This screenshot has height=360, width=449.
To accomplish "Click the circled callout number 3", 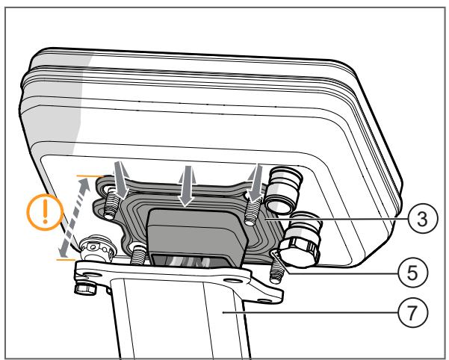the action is click(423, 219).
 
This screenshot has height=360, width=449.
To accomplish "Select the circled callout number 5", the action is click(412, 273).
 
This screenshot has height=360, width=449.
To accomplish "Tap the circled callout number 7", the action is click(412, 312).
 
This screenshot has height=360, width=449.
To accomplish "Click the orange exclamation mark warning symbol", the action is click(45, 212).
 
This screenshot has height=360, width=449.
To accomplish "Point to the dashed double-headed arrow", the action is click(74, 217).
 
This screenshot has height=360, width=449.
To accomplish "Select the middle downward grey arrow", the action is click(187, 186).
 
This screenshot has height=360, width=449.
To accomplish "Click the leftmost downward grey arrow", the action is click(122, 180).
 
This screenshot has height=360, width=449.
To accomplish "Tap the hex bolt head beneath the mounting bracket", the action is click(84, 288).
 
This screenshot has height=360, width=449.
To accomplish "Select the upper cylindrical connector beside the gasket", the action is click(282, 188).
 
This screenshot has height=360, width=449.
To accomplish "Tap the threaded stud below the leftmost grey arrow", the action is click(112, 203).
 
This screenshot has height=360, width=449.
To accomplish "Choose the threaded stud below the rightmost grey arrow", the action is click(251, 211).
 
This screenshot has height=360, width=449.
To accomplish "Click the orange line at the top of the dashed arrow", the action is click(90, 176).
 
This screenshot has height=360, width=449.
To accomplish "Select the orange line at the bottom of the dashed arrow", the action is click(66, 260).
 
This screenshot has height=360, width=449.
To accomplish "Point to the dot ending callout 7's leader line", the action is click(223, 312).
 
